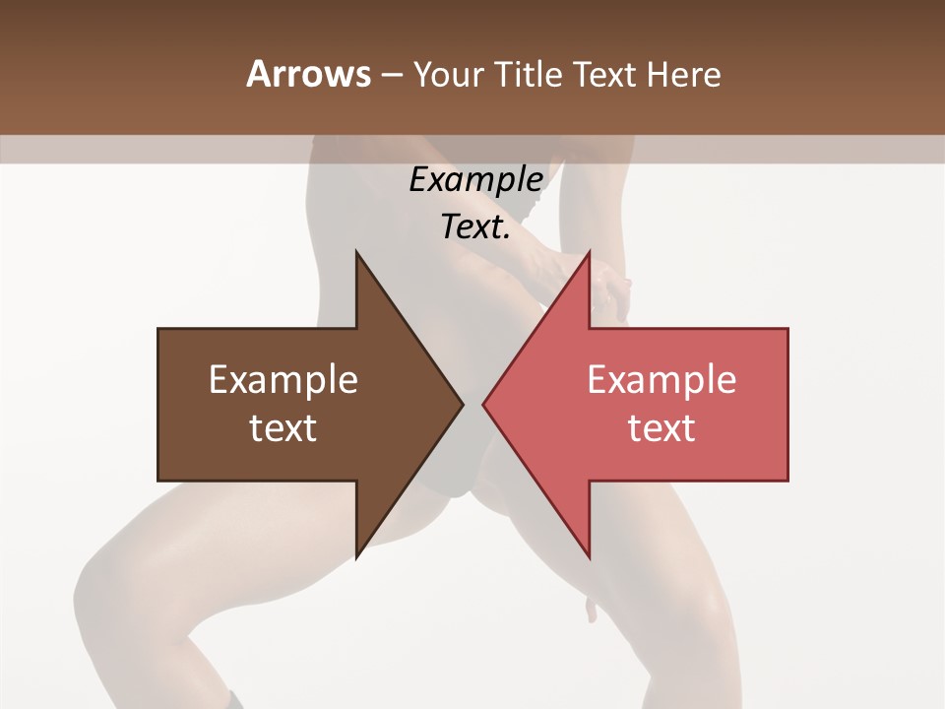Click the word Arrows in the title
309,74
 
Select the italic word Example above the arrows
475,180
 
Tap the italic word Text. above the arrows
475,227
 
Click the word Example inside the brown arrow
283,379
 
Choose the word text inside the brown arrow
283,428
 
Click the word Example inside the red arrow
661,379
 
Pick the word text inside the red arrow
661,428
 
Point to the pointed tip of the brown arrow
463,404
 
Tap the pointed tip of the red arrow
483,404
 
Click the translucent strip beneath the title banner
148,149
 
